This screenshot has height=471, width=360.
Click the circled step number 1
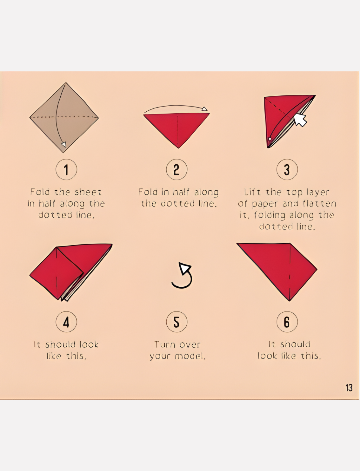coord(66,169)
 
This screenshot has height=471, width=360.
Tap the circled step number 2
coord(177,169)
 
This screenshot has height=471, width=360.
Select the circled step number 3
coord(287,169)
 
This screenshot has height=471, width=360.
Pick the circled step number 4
coord(66,322)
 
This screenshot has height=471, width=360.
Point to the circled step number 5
coord(177,322)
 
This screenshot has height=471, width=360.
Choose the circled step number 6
coord(287,322)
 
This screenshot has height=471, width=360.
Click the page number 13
coord(349,388)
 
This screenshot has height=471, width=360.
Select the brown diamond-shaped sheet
coord(64,118)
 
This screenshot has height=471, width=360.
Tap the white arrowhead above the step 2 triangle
coord(204,109)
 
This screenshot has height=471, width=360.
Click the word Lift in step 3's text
coord(252,192)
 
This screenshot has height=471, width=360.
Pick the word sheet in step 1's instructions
coord(88,192)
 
